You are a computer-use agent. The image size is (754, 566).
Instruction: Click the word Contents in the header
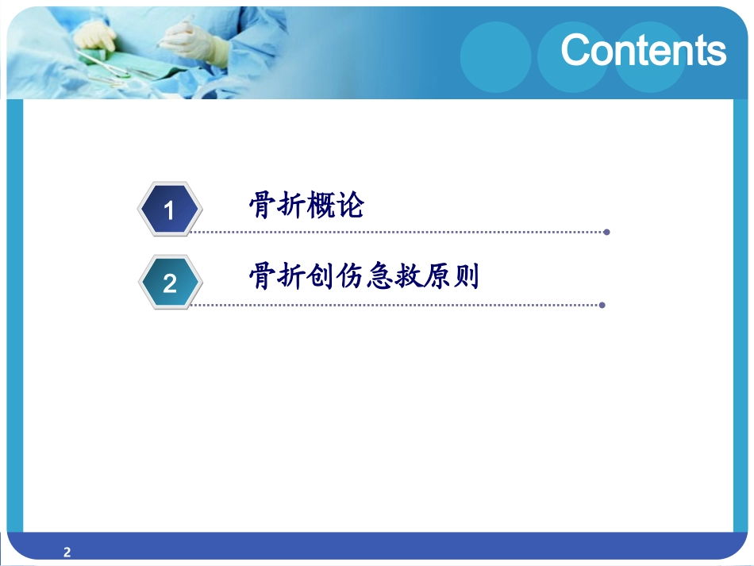(643, 50)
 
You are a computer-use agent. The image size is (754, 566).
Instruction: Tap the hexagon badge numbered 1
(170, 210)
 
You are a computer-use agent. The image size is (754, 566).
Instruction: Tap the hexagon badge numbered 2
(170, 283)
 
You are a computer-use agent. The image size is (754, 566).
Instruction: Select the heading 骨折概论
(306, 206)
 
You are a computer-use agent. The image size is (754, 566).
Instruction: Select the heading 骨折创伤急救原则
(364, 277)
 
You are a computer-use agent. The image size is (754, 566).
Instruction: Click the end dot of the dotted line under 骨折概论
(606, 233)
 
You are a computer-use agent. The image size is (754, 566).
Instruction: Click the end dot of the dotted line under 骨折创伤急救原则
(602, 305)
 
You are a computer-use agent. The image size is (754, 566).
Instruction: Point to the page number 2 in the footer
(67, 553)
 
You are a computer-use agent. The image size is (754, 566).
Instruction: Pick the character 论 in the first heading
(350, 206)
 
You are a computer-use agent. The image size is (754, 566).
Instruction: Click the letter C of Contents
(577, 51)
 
